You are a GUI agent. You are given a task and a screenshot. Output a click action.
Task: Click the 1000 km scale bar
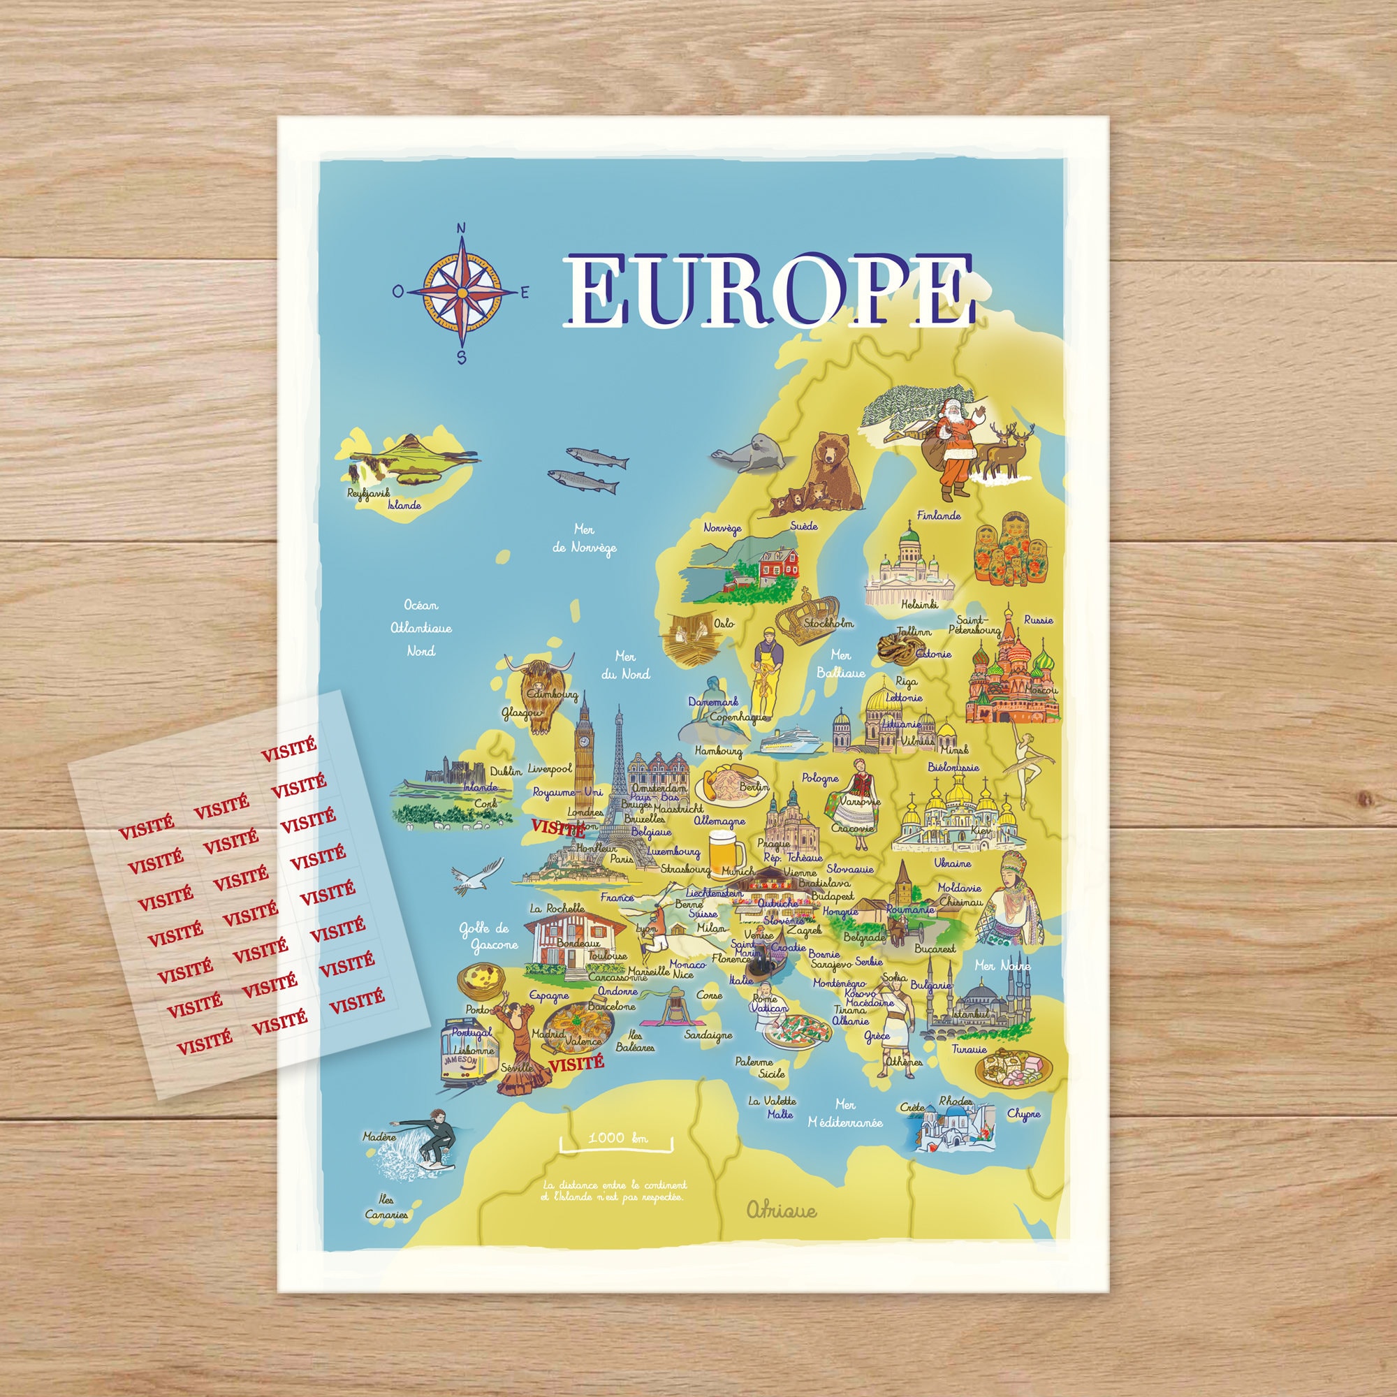pos(616,1141)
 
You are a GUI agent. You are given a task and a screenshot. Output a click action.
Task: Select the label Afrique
pos(782,1211)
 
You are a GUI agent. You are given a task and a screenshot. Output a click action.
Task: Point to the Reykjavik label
pos(368,493)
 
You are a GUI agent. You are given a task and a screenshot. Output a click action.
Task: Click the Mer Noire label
pos(1002,965)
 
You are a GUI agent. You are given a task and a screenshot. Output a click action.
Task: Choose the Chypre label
pos(1023,1114)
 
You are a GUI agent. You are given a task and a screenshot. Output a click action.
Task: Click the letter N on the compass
pos(461,229)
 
